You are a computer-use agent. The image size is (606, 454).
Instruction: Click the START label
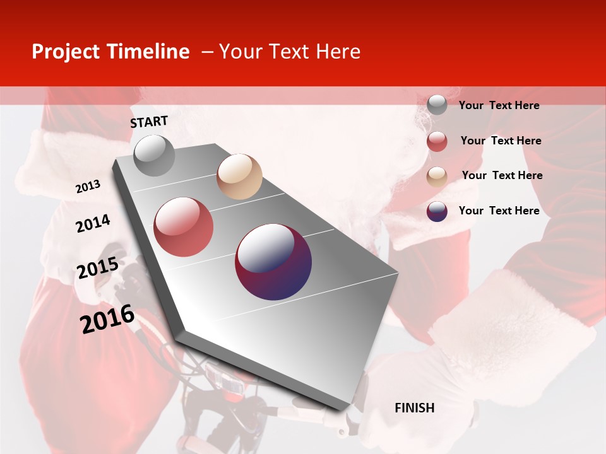(x=149, y=122)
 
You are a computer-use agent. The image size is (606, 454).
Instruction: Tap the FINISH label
(x=414, y=408)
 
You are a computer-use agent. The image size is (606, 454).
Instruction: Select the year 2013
(x=88, y=187)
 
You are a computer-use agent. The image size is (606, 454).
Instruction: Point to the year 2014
(x=93, y=223)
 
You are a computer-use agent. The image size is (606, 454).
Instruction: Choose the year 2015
(x=97, y=268)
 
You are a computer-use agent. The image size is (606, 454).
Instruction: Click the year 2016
(x=107, y=319)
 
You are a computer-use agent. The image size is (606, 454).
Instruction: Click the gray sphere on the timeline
(x=154, y=156)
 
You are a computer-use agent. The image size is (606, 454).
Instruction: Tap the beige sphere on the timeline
(x=239, y=177)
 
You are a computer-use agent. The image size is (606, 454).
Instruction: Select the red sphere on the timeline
(x=184, y=226)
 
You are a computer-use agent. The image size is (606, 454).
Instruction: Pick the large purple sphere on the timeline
(x=273, y=261)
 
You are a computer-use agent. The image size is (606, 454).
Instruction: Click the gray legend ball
(x=437, y=105)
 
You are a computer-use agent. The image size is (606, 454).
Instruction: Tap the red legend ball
(x=437, y=141)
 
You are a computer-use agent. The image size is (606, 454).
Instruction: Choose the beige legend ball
(x=437, y=177)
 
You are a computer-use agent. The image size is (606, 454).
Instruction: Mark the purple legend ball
(x=437, y=211)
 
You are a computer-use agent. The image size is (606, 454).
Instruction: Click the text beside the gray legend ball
(x=499, y=105)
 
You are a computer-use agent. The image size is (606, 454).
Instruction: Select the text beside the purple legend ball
(x=499, y=211)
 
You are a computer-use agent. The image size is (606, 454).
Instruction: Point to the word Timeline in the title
(x=151, y=52)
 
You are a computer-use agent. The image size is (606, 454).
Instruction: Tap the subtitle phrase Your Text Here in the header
(x=289, y=52)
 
